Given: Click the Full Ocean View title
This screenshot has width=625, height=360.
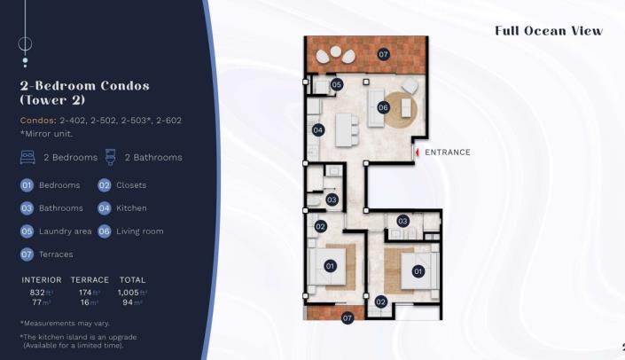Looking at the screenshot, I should (549, 31).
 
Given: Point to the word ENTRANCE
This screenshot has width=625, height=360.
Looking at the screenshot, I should (448, 153).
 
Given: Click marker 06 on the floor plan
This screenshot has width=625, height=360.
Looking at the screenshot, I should (383, 107).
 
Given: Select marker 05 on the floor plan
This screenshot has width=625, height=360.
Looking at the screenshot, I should (337, 85).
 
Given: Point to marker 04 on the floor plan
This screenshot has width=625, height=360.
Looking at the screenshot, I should (317, 130).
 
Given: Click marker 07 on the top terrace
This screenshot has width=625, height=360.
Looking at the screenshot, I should (383, 54).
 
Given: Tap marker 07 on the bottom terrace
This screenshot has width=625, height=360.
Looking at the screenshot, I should (348, 317).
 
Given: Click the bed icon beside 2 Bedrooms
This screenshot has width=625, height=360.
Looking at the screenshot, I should (27, 158).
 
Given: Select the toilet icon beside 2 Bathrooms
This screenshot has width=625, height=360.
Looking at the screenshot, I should (111, 158).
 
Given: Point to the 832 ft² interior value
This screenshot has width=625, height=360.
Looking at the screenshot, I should (40, 292).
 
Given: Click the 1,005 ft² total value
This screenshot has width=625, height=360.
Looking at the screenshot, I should (132, 292).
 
